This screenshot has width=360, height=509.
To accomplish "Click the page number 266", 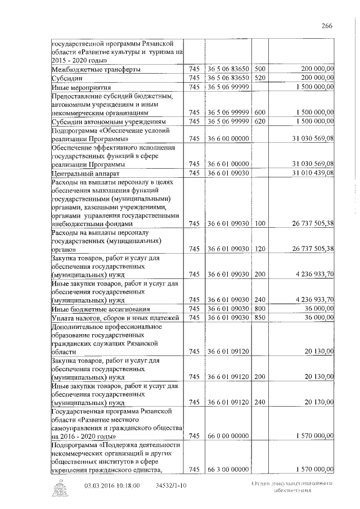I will point(327,25).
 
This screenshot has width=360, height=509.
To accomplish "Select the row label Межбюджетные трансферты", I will point(96,69).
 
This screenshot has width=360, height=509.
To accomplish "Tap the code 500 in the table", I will point(260,69).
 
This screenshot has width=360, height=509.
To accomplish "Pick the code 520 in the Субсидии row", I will point(260,78).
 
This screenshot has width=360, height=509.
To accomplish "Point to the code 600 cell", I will point(260,112).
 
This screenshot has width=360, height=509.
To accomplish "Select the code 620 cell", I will point(260,121).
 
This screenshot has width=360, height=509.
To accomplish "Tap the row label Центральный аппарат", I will point(85,174).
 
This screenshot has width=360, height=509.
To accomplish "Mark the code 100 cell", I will point(260,223).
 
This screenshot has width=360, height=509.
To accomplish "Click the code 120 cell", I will point(260,249).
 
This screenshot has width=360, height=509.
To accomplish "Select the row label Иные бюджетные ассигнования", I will point(100,309).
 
